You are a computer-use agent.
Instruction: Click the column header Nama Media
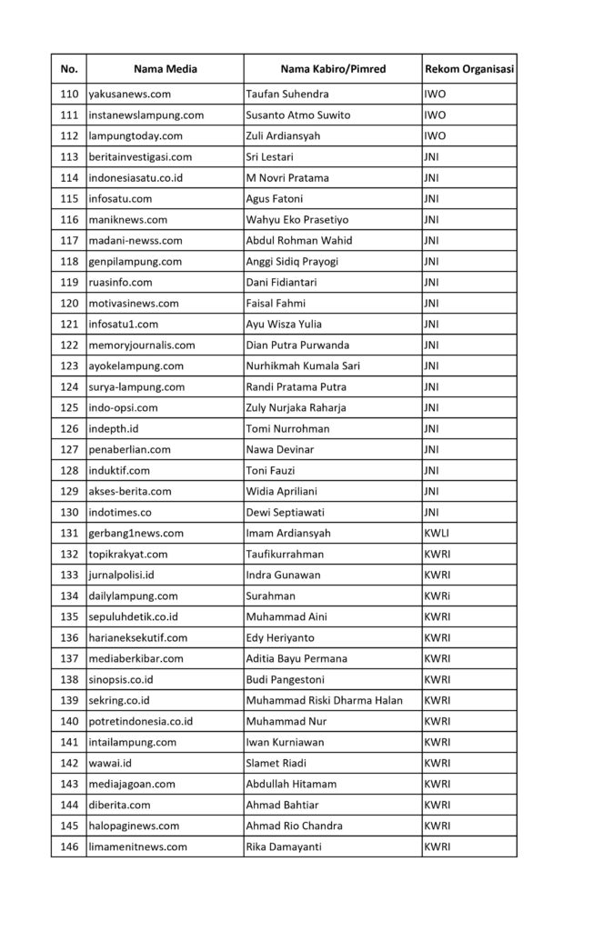click(x=165, y=69)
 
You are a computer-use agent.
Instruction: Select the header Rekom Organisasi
click(x=469, y=69)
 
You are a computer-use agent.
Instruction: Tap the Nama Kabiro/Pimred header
click(x=332, y=69)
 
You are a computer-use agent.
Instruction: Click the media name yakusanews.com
click(x=130, y=94)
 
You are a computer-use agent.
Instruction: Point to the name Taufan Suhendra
click(x=287, y=94)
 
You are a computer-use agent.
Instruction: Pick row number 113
click(x=69, y=156)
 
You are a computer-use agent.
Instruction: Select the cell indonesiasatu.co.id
click(x=135, y=177)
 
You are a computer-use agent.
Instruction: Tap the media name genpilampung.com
click(x=135, y=261)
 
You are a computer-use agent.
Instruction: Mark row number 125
click(x=69, y=407)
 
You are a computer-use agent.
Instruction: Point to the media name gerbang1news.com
click(x=136, y=533)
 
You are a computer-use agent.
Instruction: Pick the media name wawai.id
click(x=110, y=763)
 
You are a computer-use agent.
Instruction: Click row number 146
click(x=69, y=846)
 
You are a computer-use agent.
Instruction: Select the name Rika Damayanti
click(x=287, y=846)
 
